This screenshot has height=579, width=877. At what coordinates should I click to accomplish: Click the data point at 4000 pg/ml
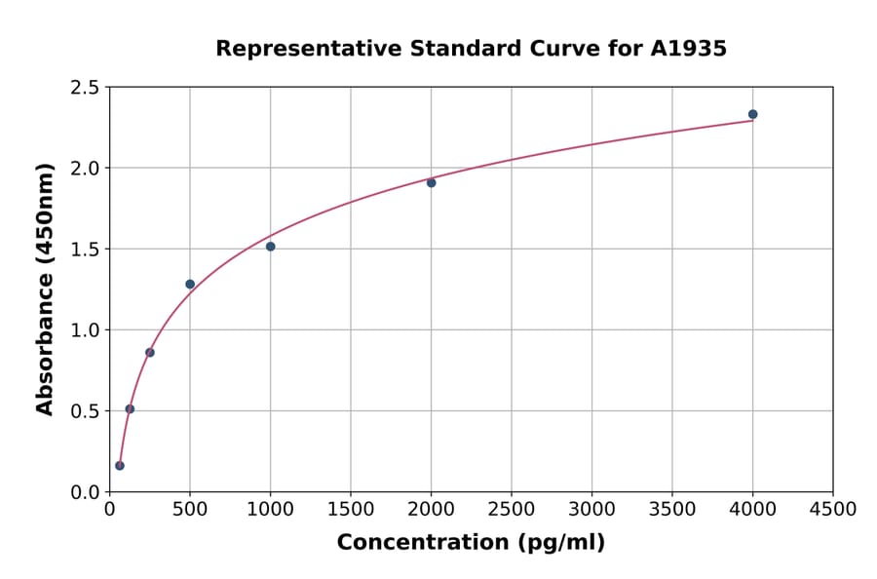tap(752, 114)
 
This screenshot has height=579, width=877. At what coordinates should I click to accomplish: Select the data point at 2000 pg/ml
tap(431, 182)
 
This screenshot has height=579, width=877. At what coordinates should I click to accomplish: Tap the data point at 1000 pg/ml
tap(270, 247)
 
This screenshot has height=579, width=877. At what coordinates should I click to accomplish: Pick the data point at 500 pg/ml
tap(190, 284)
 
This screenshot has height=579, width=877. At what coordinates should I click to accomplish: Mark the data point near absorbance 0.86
tap(150, 352)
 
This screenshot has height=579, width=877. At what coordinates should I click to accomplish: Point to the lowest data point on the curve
tap(120, 465)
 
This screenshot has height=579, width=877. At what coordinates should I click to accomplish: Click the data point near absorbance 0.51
tap(130, 408)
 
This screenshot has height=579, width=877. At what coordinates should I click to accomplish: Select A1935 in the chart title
tap(689, 48)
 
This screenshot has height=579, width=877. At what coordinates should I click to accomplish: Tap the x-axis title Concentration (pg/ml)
tap(471, 542)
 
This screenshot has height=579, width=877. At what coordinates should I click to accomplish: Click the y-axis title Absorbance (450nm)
tap(45, 289)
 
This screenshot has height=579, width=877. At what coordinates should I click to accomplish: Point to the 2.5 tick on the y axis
tap(85, 88)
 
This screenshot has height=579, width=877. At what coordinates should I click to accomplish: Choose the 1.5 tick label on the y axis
tap(85, 250)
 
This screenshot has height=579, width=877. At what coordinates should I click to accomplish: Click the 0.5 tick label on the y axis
tap(85, 411)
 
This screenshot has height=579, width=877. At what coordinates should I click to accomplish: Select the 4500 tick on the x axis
tap(832, 509)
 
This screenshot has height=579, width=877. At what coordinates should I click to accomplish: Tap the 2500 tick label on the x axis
tap(512, 509)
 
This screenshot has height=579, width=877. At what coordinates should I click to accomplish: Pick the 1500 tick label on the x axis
tap(351, 509)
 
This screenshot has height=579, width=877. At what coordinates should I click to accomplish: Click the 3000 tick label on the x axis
tap(591, 509)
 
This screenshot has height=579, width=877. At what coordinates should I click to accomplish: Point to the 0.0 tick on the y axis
tap(85, 492)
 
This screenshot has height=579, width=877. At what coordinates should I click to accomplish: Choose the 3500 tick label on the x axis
tap(672, 509)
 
